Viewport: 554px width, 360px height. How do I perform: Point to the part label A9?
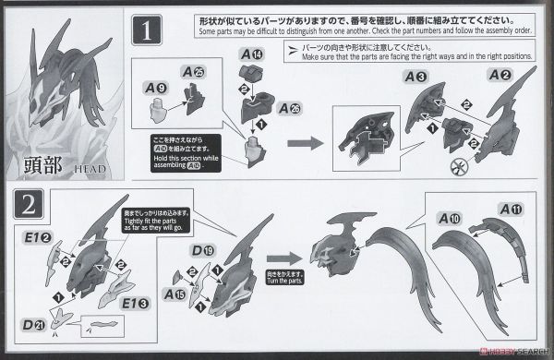[157, 90]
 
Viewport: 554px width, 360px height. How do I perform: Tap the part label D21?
[34, 325]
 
